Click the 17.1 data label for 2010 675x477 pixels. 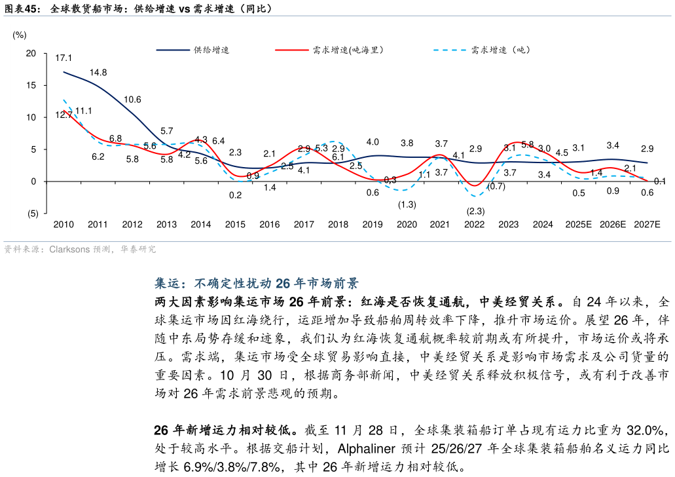coord(64,58)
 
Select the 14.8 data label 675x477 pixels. coord(98,72)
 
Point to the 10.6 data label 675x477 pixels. coord(132,100)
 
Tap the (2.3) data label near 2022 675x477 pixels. coord(475,211)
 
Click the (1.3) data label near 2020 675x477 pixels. coord(407,204)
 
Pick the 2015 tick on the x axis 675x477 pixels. coord(235,225)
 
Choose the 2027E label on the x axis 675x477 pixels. coord(647,225)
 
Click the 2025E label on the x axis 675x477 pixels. coord(578,225)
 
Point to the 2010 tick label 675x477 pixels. coord(64,225)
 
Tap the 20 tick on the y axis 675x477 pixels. coord(31,54)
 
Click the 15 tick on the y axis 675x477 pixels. coord(31,86)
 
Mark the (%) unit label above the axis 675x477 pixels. coord(20,35)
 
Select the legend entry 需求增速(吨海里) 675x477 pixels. coord(348,50)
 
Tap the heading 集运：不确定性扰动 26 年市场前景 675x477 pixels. coord(257,284)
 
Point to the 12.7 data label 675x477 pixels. coord(64,115)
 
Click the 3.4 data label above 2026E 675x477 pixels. coord(613,145)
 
